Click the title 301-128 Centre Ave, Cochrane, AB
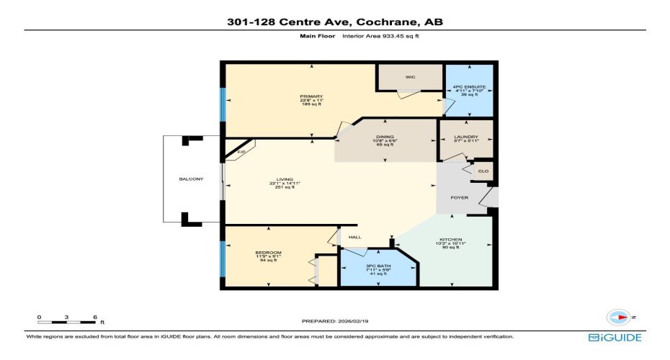pyautogui.click(x=335, y=22)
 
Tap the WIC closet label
pyautogui.click(x=410, y=77)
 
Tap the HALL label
pyautogui.click(x=354, y=237)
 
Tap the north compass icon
pyautogui.click(x=618, y=318)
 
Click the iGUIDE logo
pyautogui.click(x=615, y=337)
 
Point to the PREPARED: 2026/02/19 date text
pyautogui.click(x=335, y=321)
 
